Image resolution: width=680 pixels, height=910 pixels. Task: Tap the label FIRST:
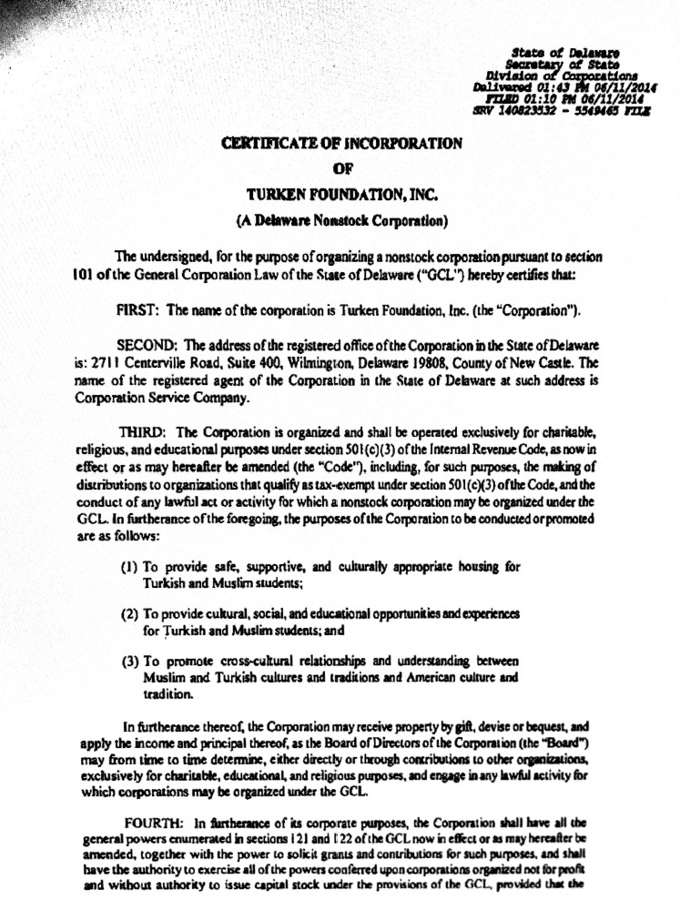point(139,311)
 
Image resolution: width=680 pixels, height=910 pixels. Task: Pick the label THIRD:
point(144,430)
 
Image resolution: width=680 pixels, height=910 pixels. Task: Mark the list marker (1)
point(129,565)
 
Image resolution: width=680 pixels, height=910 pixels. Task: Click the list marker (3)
point(129,661)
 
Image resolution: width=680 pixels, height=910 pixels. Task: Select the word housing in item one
point(477,565)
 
